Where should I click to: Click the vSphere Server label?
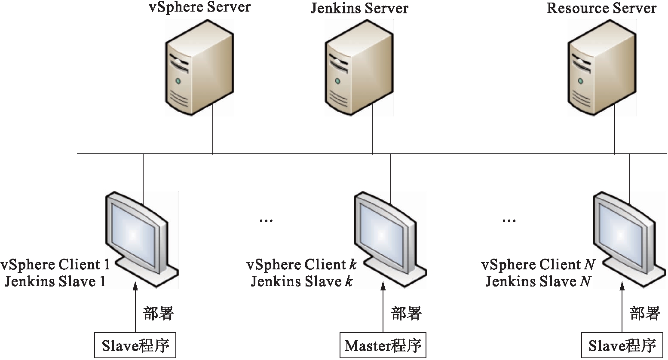(x=199, y=8)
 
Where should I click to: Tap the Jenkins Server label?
(x=359, y=9)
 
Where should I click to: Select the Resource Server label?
(x=601, y=9)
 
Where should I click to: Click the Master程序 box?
(x=383, y=345)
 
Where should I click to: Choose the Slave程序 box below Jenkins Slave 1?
(x=135, y=345)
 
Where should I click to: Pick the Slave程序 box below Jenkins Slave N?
(x=622, y=345)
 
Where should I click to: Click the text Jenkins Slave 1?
(x=55, y=282)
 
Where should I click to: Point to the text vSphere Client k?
(x=301, y=265)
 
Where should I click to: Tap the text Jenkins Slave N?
(x=539, y=282)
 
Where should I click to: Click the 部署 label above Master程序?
(x=406, y=313)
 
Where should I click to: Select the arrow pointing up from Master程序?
(x=383, y=307)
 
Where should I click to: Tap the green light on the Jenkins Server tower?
(x=337, y=81)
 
